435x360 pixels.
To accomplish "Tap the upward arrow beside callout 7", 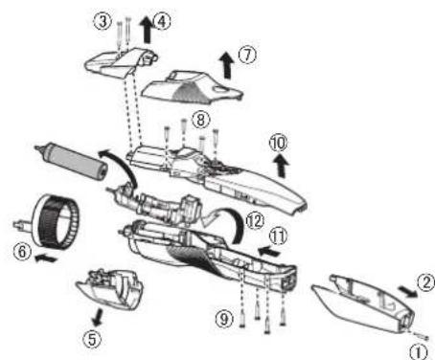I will pyautogui.click(x=228, y=65).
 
